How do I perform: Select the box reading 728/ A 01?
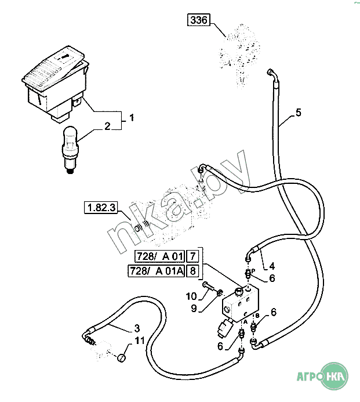click(159, 256)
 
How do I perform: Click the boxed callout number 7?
click(194, 256)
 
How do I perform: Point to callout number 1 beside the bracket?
click(132, 118)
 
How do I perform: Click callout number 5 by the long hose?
click(299, 113)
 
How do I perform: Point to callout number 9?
click(194, 307)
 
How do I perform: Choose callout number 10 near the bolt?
click(191, 296)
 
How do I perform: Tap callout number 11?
click(139, 341)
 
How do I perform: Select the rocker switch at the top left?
click(56, 84)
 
